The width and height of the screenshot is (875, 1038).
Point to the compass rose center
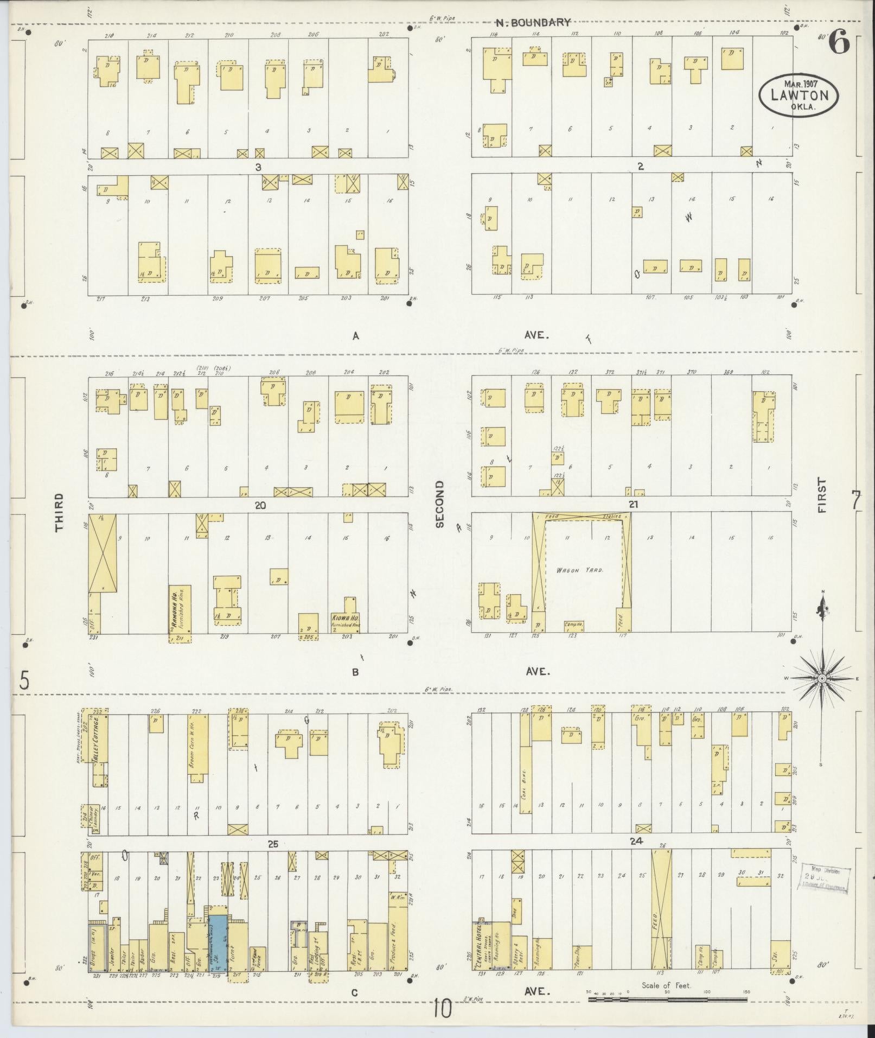point(821,679)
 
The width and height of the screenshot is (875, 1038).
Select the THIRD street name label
point(59,512)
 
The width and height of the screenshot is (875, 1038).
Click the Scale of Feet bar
point(667,998)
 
